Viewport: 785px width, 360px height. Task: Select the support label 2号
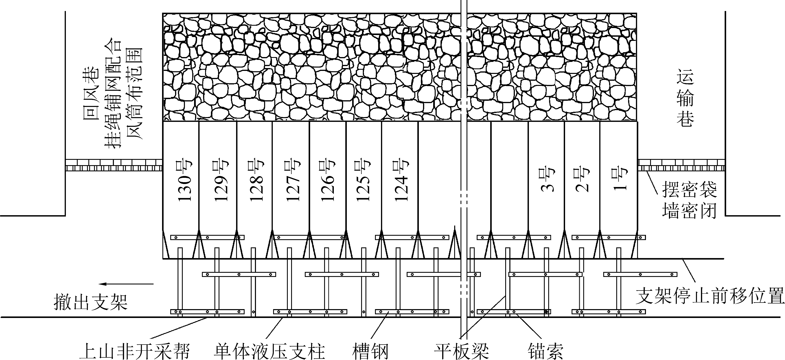[582, 180]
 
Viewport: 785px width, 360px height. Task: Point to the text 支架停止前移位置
[710, 295]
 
